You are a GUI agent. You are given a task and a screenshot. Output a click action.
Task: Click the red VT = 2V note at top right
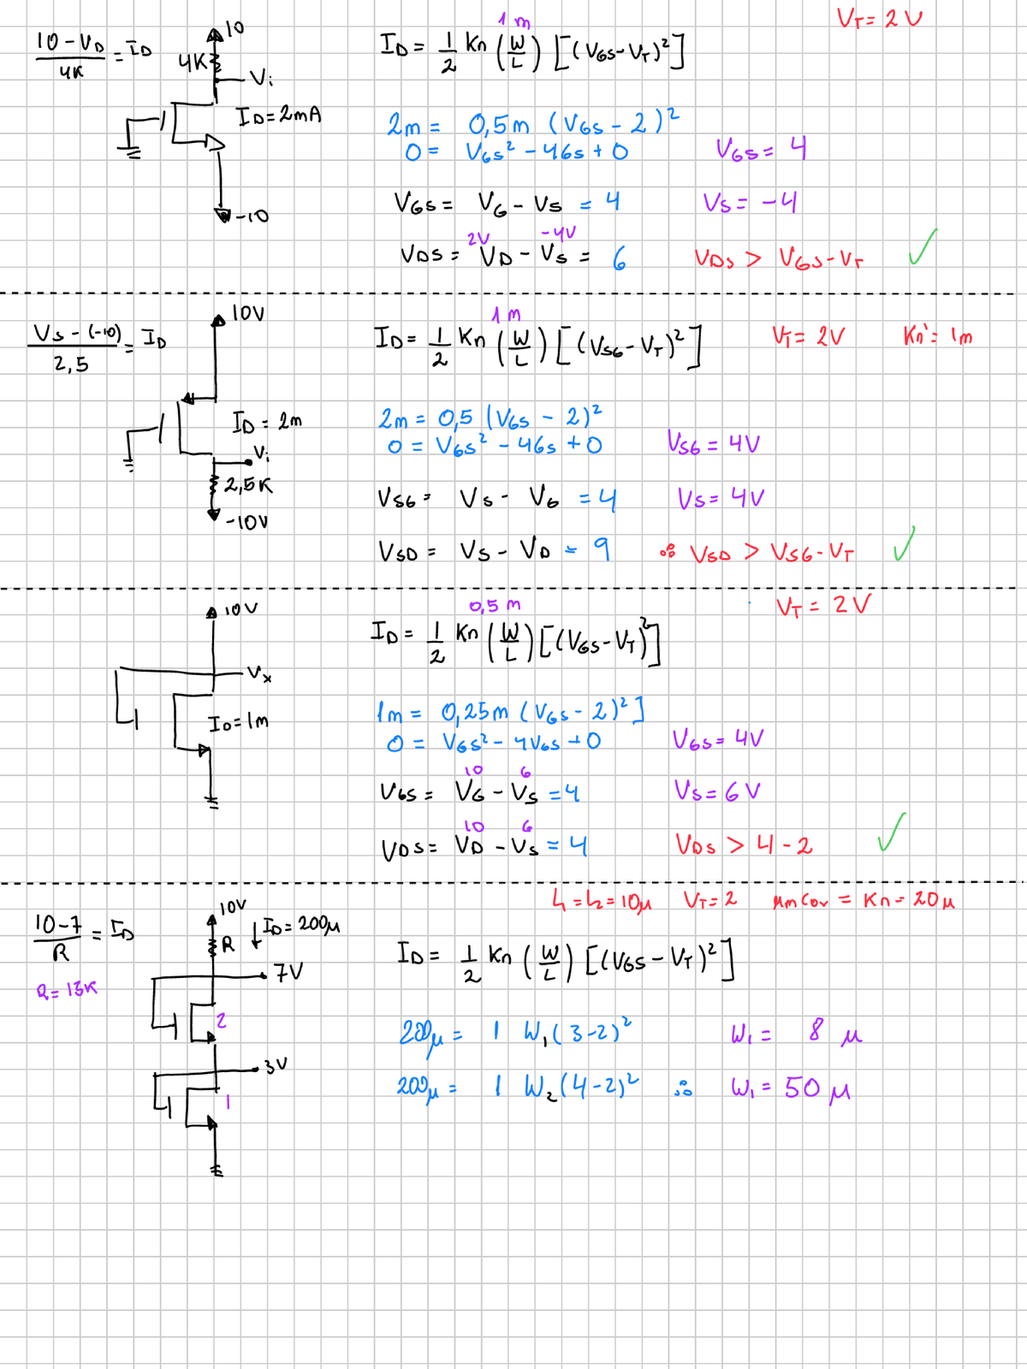click(879, 17)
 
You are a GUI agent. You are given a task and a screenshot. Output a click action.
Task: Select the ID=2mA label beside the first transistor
click(279, 115)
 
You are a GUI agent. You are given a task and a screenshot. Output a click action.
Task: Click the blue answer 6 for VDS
click(619, 258)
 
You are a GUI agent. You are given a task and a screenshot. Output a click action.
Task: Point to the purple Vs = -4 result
click(751, 203)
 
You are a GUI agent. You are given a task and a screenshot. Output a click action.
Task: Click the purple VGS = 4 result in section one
click(761, 151)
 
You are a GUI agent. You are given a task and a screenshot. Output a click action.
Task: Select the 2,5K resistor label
click(248, 485)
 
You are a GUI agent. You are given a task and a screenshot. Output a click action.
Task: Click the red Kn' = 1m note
click(937, 336)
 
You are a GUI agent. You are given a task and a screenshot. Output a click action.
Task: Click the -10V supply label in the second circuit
click(246, 521)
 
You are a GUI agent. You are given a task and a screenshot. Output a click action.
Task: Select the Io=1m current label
click(239, 722)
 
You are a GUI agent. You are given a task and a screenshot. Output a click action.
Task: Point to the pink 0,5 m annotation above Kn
click(494, 606)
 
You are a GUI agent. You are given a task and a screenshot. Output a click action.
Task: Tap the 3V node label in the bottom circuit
click(276, 1066)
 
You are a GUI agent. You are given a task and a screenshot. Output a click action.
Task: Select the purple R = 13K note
click(67, 990)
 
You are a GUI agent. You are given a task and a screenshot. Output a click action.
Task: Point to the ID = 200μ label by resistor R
click(300, 926)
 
